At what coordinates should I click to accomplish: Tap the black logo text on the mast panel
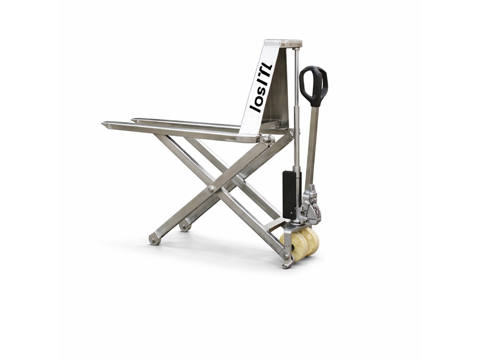260,87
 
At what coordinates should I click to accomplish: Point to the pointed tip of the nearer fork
102,123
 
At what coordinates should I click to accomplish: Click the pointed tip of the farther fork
132,119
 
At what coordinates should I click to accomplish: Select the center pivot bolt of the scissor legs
211,189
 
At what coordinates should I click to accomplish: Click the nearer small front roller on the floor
155,239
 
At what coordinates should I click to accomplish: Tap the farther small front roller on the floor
185,227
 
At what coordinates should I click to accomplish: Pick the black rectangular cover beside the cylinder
289,195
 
